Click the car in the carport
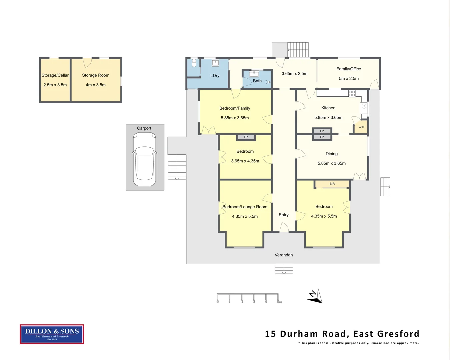point(145,159)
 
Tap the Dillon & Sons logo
point(52,334)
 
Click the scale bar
point(248,298)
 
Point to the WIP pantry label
point(361,127)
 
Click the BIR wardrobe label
point(332,184)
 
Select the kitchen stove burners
point(352,94)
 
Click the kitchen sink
point(364,107)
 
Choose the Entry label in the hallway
point(284,215)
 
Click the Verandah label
point(284,255)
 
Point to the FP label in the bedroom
point(246,137)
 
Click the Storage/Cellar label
point(55,75)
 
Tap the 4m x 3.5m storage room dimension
point(96,85)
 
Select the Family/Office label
point(349,69)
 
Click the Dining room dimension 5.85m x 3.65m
point(332,163)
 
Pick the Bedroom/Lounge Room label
point(245,207)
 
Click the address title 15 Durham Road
point(342,334)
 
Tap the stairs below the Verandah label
point(284,269)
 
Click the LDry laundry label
point(215,76)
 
